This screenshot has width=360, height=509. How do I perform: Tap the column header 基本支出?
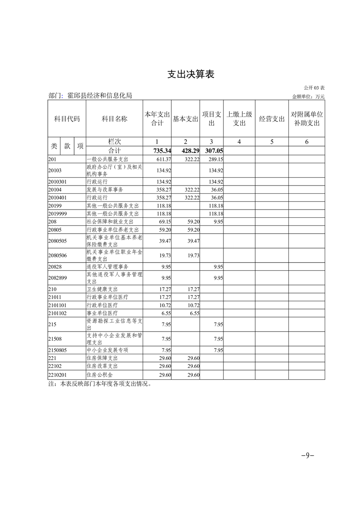tap(186, 119)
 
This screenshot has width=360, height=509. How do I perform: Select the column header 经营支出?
tap(272, 119)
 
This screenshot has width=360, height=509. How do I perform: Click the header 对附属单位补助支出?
tap(307, 119)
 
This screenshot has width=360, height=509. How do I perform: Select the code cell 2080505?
tap(58, 240)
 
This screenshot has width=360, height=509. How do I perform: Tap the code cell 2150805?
tap(58, 350)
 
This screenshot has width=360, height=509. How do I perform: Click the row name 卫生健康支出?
tap(102, 289)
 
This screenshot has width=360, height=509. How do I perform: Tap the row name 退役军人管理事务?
tap(108, 266)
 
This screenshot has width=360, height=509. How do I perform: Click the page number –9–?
tap(308, 455)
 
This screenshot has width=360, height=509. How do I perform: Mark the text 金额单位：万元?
tap(308, 97)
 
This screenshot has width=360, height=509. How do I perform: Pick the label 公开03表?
tap(314, 88)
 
